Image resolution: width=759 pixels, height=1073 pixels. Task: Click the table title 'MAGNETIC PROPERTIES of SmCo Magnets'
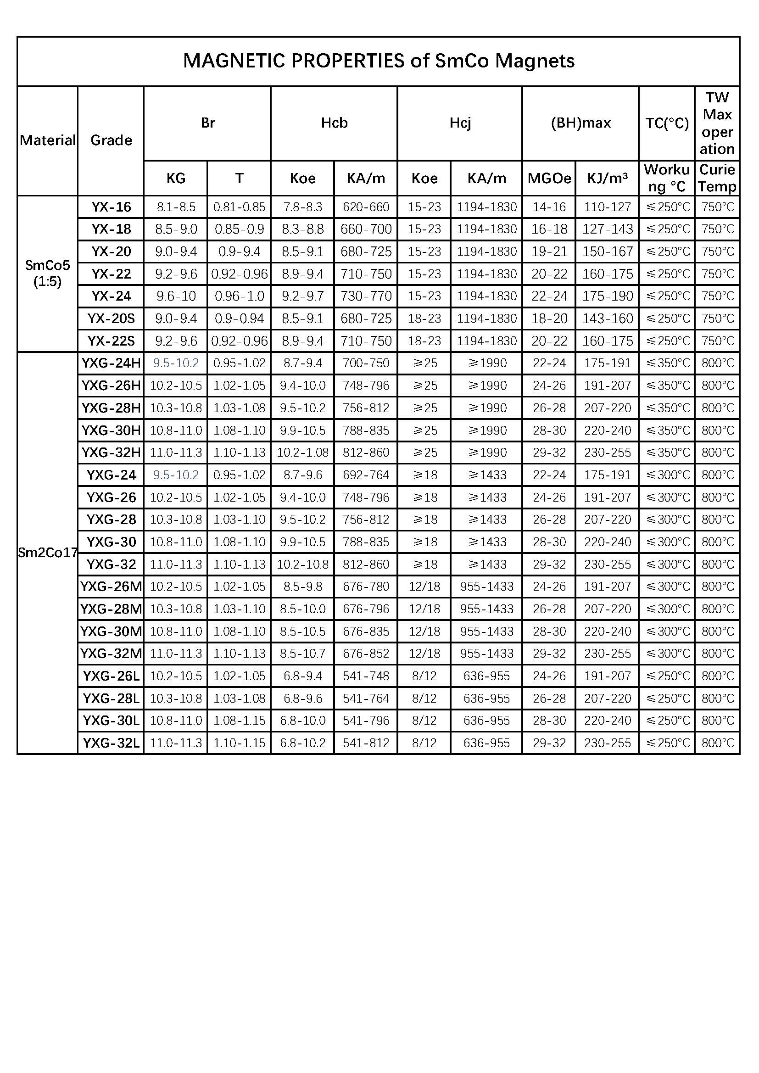[x=379, y=61]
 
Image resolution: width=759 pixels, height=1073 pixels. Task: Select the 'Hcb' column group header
[x=334, y=123]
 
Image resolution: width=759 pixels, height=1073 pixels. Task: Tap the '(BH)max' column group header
[x=580, y=123]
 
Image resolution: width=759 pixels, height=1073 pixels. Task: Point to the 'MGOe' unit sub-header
[x=549, y=178]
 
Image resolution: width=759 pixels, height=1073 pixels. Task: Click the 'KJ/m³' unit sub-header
[x=607, y=178]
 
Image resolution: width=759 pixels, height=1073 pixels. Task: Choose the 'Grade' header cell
[x=111, y=140]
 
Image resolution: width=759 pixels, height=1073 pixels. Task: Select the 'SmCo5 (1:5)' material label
[x=48, y=274]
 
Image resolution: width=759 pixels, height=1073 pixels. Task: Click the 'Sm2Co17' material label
[x=48, y=553]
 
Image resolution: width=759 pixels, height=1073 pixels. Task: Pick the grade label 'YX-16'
[x=111, y=207]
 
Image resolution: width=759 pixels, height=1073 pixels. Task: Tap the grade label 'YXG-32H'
[x=111, y=453]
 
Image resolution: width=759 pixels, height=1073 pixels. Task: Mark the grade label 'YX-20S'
[x=111, y=319]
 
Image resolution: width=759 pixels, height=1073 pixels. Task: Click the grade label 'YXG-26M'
[x=111, y=587]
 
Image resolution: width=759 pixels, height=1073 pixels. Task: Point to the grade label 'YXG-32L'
[x=111, y=743]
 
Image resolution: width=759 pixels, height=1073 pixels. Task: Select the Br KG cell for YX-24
[x=176, y=296]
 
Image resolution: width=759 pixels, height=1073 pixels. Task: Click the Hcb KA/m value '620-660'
[x=366, y=207]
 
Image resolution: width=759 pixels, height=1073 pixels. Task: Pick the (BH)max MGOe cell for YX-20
[x=549, y=251]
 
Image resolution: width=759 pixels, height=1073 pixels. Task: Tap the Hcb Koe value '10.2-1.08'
[x=302, y=453]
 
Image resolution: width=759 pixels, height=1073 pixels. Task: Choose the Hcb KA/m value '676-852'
[x=366, y=654]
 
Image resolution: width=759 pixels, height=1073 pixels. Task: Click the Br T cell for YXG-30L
[x=239, y=721]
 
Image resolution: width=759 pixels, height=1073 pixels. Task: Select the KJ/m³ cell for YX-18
[x=607, y=229]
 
